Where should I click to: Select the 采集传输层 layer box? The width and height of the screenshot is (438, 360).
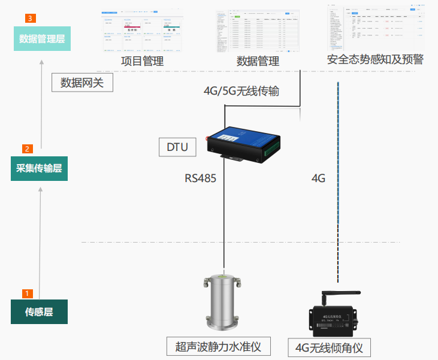[40, 168]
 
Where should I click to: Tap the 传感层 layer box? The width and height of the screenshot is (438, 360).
[39, 312]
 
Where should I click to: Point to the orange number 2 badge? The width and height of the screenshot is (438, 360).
[27, 149]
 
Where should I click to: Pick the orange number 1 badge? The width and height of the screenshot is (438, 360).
[27, 294]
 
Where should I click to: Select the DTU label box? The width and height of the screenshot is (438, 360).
[177, 147]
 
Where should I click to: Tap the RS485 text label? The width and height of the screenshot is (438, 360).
[200, 179]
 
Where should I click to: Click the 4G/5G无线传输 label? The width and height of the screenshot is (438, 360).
[241, 91]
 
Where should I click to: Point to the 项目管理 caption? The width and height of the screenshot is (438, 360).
[142, 61]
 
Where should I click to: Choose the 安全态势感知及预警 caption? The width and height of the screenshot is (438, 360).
[376, 60]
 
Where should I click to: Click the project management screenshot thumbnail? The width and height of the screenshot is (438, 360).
[142, 32]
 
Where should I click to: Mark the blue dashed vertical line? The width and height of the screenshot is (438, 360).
[339, 180]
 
